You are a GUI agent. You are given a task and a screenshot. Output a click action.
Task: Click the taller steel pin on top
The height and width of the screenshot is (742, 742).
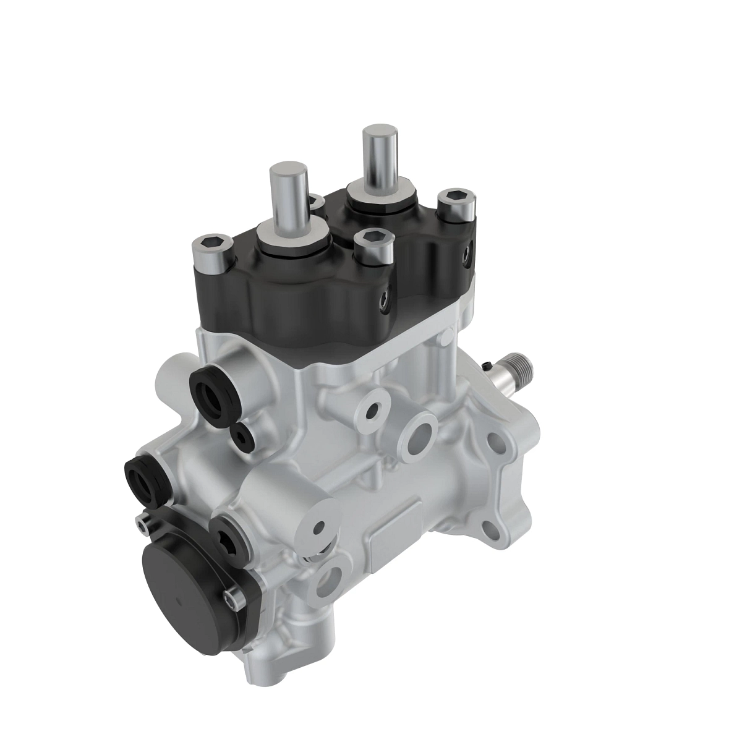[x=375, y=155]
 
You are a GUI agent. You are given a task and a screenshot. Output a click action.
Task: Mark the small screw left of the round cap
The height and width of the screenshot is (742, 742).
[x=142, y=524]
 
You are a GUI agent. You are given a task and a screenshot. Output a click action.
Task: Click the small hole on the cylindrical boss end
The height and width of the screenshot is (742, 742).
[x=319, y=527]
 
